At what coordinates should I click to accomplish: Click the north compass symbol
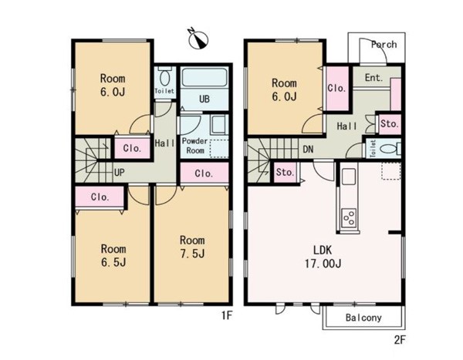pyautogui.click(x=198, y=39)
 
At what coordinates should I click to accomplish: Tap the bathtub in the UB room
pyautogui.click(x=204, y=77)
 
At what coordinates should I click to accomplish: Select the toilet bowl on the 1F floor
pyautogui.click(x=164, y=78)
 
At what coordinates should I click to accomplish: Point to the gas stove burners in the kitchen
pyautogui.click(x=349, y=217)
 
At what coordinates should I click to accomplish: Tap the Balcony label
pyautogui.click(x=363, y=318)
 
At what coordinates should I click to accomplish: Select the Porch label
pyautogui.click(x=384, y=45)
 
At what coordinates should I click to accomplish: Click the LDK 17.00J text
pyautogui.click(x=323, y=257)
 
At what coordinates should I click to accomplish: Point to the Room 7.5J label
pyautogui.click(x=192, y=247)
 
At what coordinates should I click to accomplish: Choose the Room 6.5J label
pyautogui.click(x=113, y=255)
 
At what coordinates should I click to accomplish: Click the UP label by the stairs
pyautogui.click(x=119, y=173)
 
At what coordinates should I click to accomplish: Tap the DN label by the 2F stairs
pyautogui.click(x=308, y=150)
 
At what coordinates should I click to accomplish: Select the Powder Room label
pyautogui.click(x=195, y=146)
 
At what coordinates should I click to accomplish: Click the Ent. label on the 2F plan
pyautogui.click(x=373, y=78)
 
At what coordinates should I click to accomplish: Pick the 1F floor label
pyautogui.click(x=227, y=316)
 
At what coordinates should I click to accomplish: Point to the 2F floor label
pyautogui.click(x=400, y=340)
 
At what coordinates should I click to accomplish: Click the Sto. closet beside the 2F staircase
pyautogui.click(x=286, y=173)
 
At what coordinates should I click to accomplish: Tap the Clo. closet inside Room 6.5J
pyautogui.click(x=100, y=197)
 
